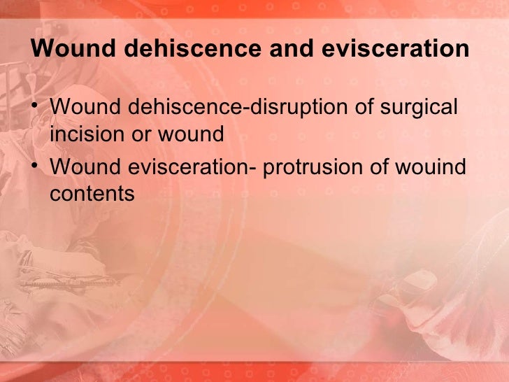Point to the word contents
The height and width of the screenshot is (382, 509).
point(92,194)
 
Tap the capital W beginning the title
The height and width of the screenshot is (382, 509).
point(41,50)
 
